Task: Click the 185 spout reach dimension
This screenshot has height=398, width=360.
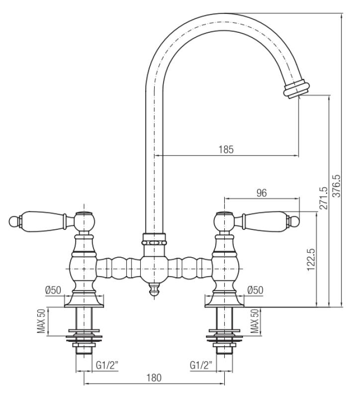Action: [226, 149]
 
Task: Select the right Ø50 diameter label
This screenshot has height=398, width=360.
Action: [256, 290]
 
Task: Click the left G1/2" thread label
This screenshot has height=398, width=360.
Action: [107, 366]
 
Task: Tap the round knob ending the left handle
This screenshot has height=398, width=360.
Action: [13, 219]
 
